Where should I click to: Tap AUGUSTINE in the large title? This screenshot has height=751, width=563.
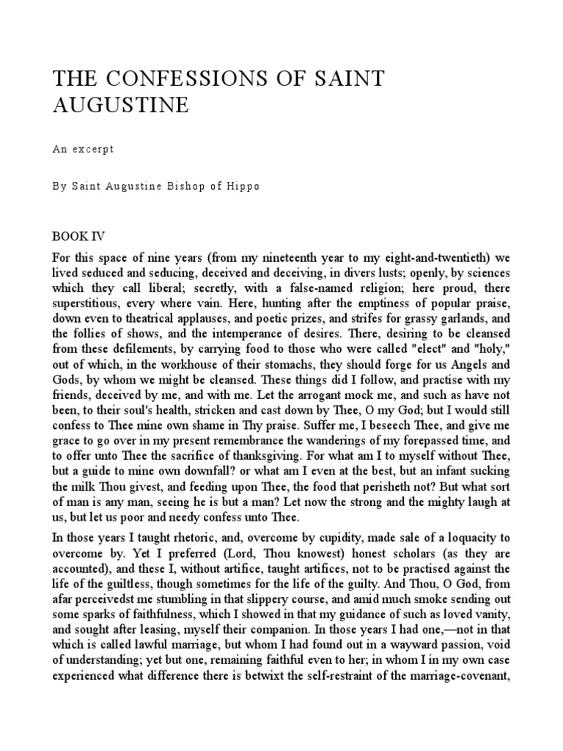(120, 106)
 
